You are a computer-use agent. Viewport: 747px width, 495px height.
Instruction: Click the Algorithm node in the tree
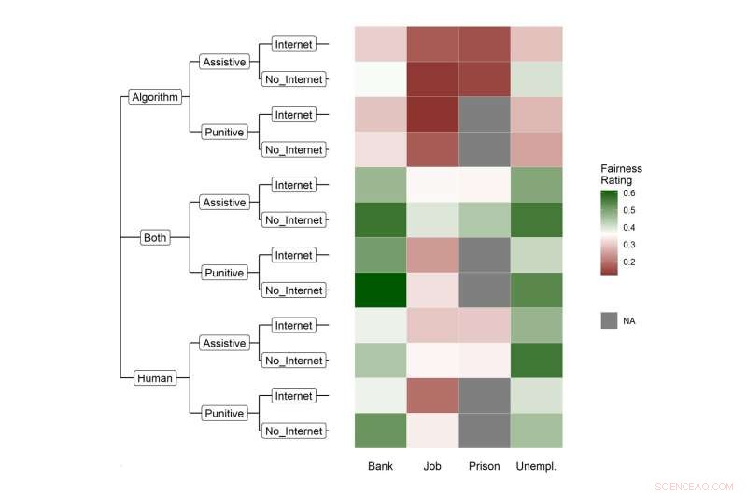point(155,97)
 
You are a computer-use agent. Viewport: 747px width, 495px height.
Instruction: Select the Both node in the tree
point(155,237)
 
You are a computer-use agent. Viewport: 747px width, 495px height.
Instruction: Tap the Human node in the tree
point(155,378)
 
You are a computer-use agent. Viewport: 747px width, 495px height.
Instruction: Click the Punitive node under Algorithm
point(223,133)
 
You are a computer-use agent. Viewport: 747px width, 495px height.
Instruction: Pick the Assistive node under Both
point(223,203)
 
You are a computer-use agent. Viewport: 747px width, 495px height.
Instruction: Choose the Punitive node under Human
point(223,414)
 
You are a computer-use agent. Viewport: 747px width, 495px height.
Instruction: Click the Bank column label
point(380,466)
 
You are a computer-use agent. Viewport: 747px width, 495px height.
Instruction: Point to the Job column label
point(431,466)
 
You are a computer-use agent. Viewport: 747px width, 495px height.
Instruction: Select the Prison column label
point(484,466)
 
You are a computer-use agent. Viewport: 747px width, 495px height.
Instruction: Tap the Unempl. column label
point(536,466)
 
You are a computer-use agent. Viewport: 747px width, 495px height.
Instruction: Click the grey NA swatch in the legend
point(609,320)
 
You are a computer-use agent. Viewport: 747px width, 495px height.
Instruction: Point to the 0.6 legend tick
point(630,193)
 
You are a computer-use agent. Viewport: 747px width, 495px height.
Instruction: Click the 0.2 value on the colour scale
point(630,262)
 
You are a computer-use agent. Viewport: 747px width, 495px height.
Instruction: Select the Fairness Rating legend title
point(621,175)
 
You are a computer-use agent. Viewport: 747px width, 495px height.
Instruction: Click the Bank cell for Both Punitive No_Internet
point(380,290)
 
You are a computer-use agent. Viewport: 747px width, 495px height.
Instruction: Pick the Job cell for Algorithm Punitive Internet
point(431,115)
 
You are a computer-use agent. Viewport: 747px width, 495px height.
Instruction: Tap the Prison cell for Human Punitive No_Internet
point(484,431)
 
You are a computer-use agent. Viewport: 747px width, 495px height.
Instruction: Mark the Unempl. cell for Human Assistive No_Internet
point(536,361)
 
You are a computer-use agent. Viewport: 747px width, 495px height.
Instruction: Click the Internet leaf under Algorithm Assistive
point(294,44)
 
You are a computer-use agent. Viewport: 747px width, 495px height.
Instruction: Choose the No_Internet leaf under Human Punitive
point(294,431)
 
